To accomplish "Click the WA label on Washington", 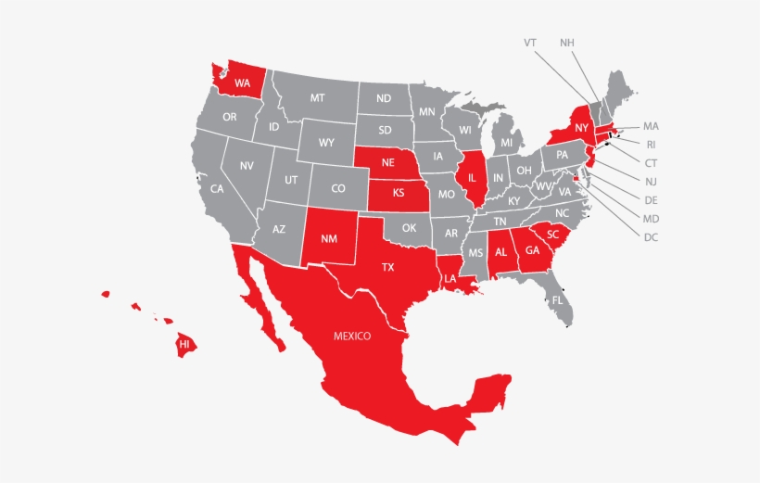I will tap(242, 83).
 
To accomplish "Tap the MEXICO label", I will tap(352, 336).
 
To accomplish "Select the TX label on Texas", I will tap(388, 267).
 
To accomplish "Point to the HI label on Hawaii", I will tap(184, 344).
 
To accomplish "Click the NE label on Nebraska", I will tap(388, 161).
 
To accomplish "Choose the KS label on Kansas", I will tap(399, 194).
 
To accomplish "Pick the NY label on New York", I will tap(581, 128).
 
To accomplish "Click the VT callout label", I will tap(530, 43).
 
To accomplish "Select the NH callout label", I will tap(566, 43).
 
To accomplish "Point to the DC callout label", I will tap(651, 236).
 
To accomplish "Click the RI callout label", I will tap(651, 144).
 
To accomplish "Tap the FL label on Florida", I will tap(558, 300).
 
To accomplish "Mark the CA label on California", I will tap(217, 188).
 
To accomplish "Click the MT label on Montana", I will tap(317, 97).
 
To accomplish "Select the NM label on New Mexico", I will tap(329, 238).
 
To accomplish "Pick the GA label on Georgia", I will tap(532, 250).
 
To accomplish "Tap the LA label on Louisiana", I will tap(450, 278).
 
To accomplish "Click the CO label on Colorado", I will tap(338, 187).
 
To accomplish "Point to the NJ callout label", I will tap(651, 181).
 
